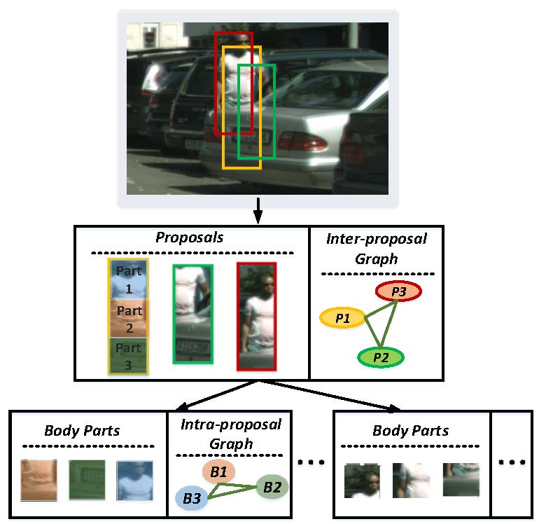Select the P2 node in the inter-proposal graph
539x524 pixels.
(381, 357)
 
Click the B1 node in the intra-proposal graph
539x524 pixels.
(219, 472)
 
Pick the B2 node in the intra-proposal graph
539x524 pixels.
(271, 485)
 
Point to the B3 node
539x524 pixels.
(192, 497)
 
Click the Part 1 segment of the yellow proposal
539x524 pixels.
(128, 279)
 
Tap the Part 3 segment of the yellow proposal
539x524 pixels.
(128, 354)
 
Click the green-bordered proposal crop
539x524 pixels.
(192, 313)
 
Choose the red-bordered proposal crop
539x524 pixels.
(257, 317)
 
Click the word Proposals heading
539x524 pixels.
(190, 237)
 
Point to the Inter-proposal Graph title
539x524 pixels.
(377, 248)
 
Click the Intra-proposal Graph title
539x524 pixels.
(230, 434)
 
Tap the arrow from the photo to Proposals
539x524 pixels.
(258, 211)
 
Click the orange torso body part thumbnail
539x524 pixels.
(38, 480)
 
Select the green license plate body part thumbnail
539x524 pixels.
(87, 480)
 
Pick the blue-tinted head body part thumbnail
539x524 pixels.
(134, 480)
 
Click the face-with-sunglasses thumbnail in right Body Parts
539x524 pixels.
(362, 480)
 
